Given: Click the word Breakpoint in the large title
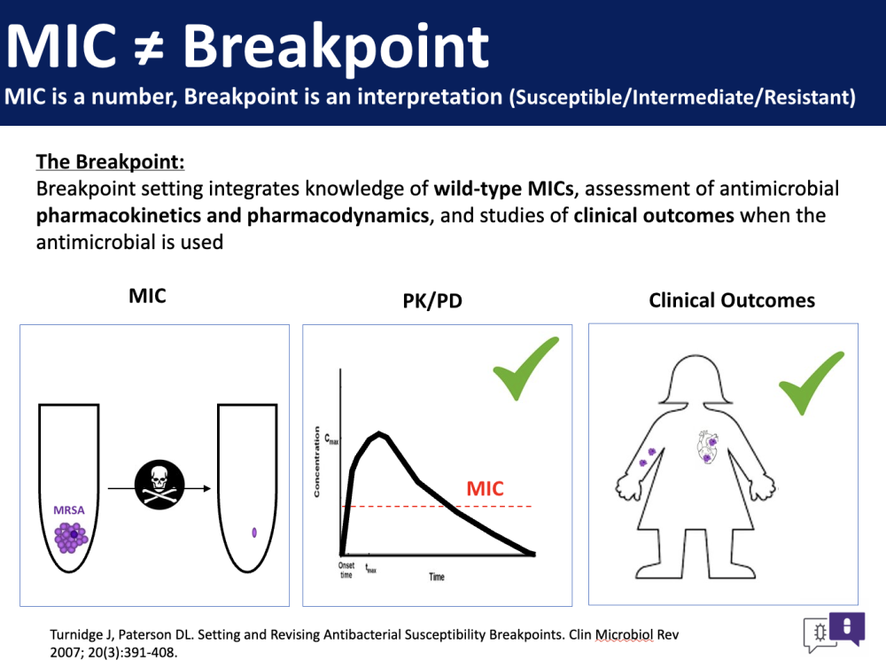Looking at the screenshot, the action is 336,49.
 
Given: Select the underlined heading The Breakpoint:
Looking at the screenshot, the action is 110,161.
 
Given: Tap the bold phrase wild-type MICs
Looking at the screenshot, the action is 504,188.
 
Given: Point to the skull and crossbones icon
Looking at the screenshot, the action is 159,485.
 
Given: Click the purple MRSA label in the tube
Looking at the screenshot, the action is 69,510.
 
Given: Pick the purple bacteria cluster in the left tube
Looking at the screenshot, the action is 71,537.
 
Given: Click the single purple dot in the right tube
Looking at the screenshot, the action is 254,532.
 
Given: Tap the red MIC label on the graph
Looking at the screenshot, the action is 485,488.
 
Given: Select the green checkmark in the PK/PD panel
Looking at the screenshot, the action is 525,369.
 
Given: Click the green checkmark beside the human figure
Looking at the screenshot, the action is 812,383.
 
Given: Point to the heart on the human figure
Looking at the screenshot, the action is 707,447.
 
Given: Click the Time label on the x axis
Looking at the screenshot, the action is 436,577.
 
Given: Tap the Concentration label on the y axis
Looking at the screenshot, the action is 316,462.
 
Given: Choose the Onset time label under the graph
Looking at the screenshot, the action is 346,571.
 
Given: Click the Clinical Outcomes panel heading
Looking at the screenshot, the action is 732,300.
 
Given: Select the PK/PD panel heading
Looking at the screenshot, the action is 432,300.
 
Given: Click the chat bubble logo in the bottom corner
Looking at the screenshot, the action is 834,633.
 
